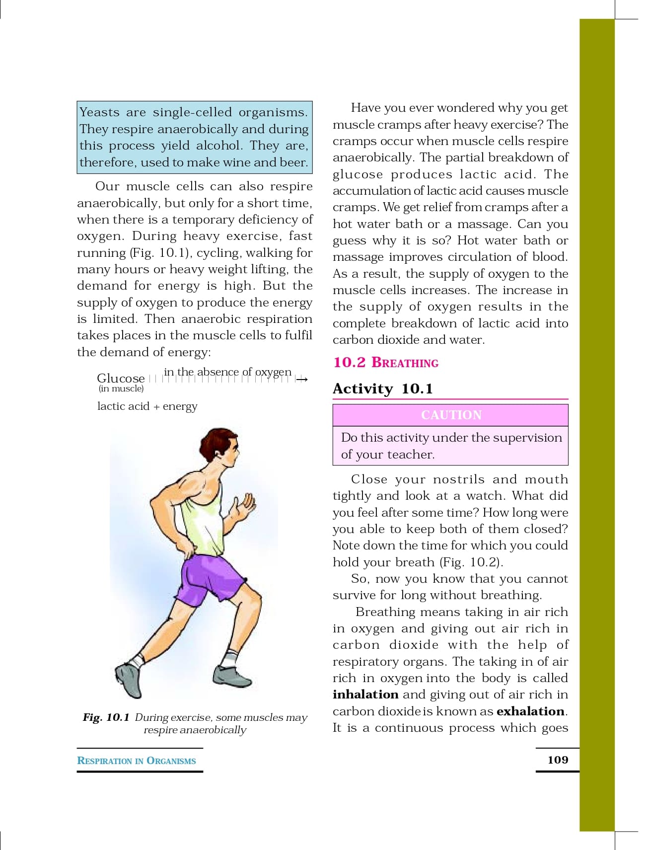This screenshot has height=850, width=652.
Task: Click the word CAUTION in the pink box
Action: tap(451, 415)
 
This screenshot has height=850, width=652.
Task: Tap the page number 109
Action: tap(558, 760)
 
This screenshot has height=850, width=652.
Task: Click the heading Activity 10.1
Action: tap(382, 388)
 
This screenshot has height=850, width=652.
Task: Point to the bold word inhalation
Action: tap(365, 695)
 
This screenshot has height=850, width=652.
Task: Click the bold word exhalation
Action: tap(530, 711)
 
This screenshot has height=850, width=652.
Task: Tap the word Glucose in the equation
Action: tap(121, 378)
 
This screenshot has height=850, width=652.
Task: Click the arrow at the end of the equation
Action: tap(302, 380)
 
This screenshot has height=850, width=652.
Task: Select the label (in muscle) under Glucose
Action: tap(121, 388)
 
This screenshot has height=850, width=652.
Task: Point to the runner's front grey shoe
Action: tap(232, 676)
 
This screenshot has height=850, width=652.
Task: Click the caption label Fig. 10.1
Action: tap(106, 717)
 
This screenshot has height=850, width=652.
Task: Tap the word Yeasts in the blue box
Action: tap(99, 112)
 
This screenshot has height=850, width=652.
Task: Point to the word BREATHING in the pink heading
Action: tap(405, 363)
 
